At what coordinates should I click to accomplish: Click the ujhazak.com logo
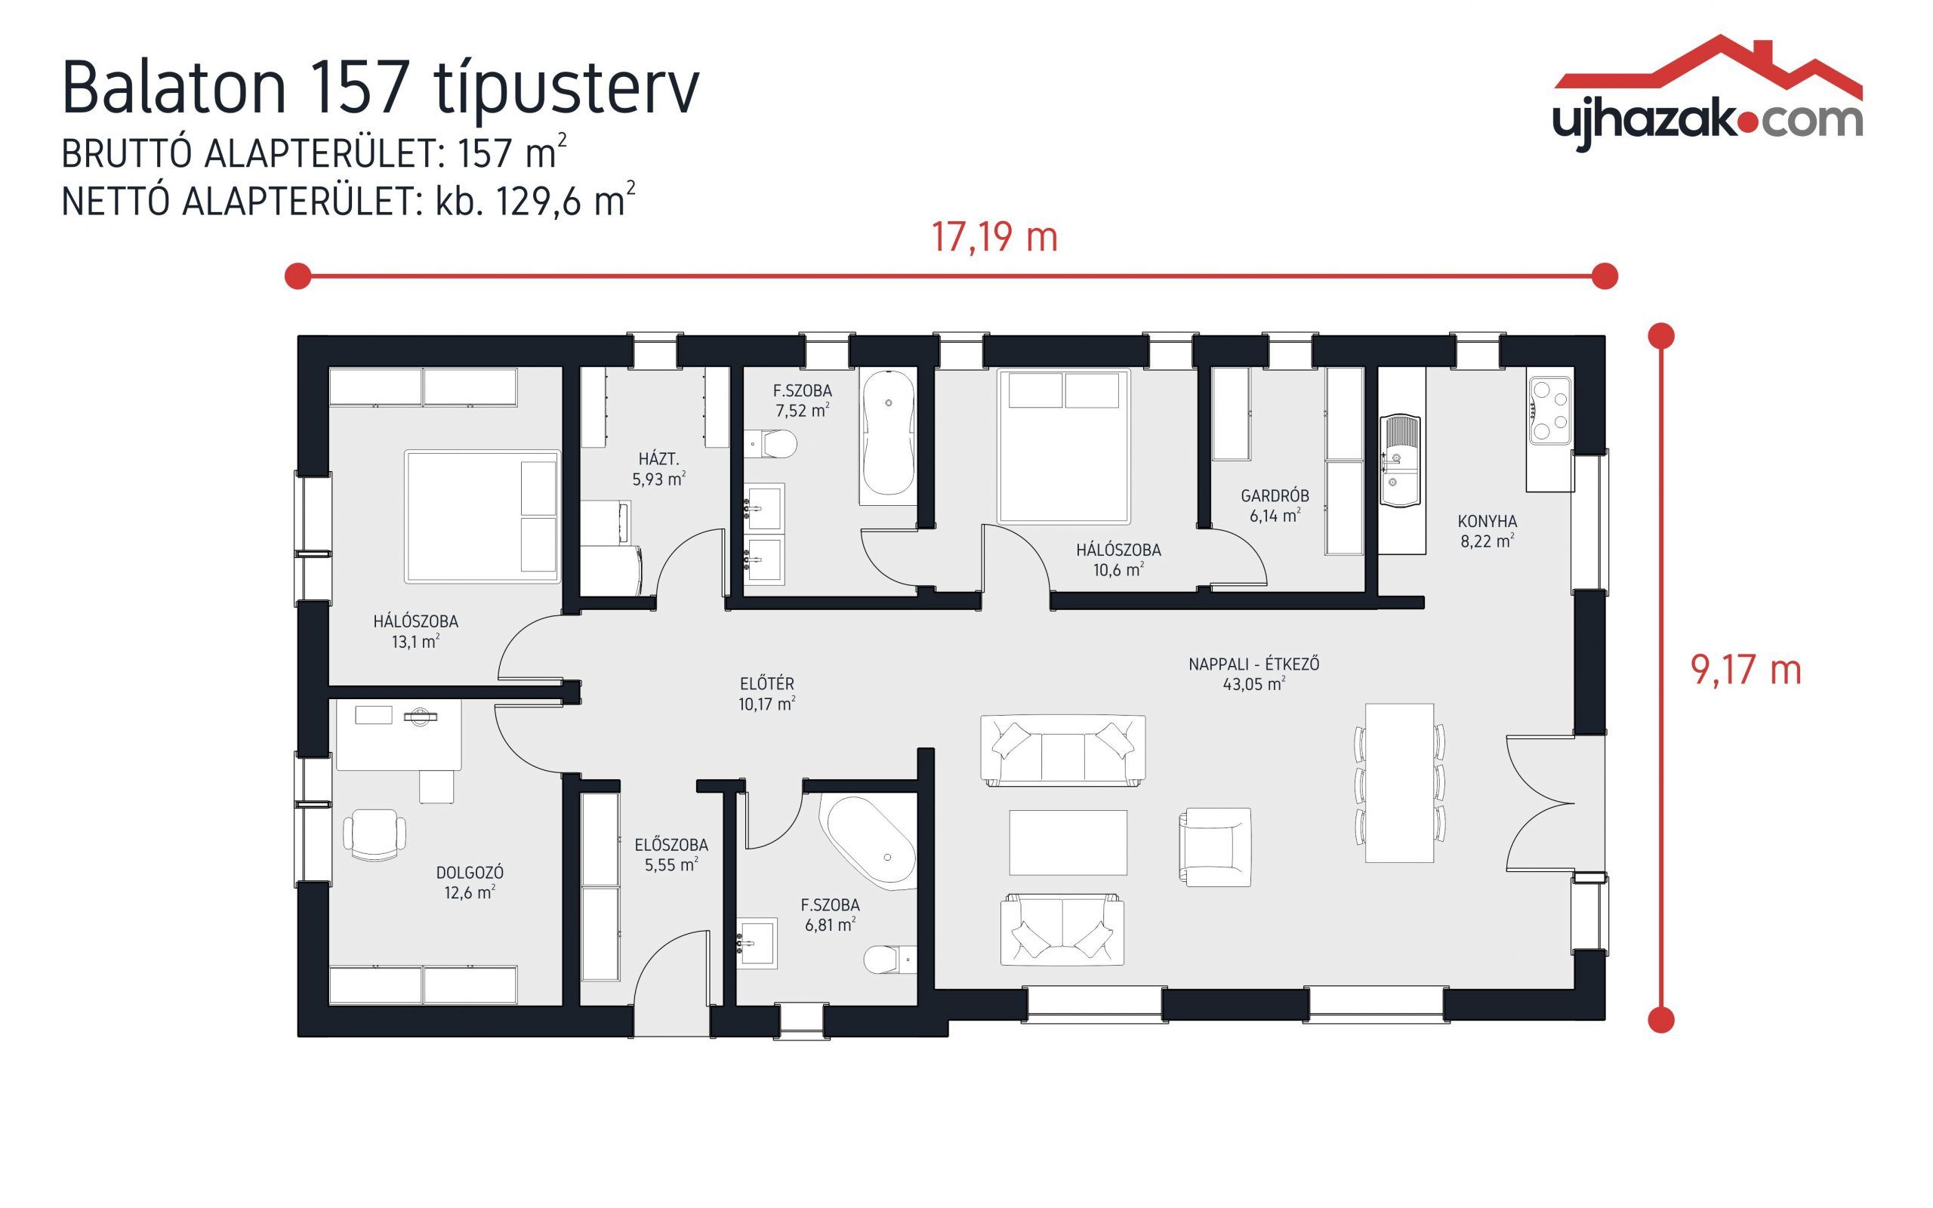1708,96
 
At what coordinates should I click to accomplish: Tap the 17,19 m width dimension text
994,237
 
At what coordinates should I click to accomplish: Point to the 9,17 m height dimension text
1746,670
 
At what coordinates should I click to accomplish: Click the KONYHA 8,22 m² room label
1487,532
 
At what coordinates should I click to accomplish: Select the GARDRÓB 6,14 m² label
1275,506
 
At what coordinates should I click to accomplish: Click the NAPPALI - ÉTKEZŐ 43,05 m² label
1253,673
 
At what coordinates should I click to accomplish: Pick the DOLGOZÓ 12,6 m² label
470,882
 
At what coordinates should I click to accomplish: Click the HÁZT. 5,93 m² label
659,469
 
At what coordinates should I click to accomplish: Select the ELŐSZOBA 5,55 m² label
671,854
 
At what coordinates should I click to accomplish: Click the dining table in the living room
1399,782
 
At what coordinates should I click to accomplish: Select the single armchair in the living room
1214,847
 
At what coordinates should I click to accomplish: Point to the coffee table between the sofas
1068,843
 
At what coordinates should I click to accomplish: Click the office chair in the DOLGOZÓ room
374,834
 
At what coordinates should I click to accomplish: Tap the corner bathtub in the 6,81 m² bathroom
871,841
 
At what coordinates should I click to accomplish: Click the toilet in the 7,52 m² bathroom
775,443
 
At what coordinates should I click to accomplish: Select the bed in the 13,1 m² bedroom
482,516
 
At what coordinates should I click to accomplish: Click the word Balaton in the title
174,88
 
